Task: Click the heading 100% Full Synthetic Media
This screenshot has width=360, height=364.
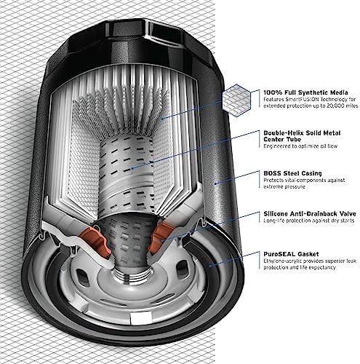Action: [x=305, y=92]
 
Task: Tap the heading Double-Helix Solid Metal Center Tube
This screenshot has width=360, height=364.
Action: [x=302, y=136]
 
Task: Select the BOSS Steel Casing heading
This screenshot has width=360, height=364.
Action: [x=292, y=173]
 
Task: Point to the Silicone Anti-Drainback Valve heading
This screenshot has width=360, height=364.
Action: [x=310, y=214]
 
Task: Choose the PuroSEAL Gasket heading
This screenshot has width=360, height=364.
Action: [x=291, y=254]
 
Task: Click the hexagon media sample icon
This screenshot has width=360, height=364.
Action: [x=236, y=100]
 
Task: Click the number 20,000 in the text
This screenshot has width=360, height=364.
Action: [x=331, y=106]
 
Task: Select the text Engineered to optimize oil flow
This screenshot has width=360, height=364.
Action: [x=300, y=146]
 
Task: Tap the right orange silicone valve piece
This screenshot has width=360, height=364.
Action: [x=159, y=237]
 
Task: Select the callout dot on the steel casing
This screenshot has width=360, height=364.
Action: [x=215, y=183]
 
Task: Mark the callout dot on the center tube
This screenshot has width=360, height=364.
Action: [x=132, y=168]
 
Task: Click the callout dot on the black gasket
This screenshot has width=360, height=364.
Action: [x=210, y=266]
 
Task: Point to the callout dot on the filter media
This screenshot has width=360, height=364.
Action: [x=162, y=118]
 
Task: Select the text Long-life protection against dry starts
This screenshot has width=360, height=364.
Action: [x=309, y=221]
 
